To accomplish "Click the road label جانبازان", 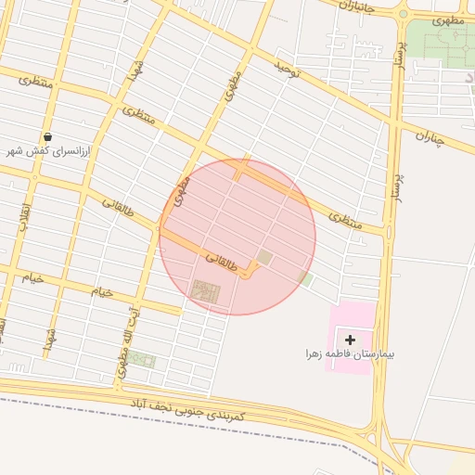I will (x=356, y=7).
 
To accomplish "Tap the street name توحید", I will (x=288, y=69).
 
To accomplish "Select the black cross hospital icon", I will (x=350, y=340).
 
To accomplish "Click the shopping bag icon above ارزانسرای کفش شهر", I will (x=47, y=136).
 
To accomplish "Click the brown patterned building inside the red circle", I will (x=207, y=291).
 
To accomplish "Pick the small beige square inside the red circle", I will (x=265, y=257).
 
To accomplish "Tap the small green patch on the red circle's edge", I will (x=304, y=277).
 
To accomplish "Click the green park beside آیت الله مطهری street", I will (x=142, y=359).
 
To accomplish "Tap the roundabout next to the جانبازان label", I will (x=403, y=14).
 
